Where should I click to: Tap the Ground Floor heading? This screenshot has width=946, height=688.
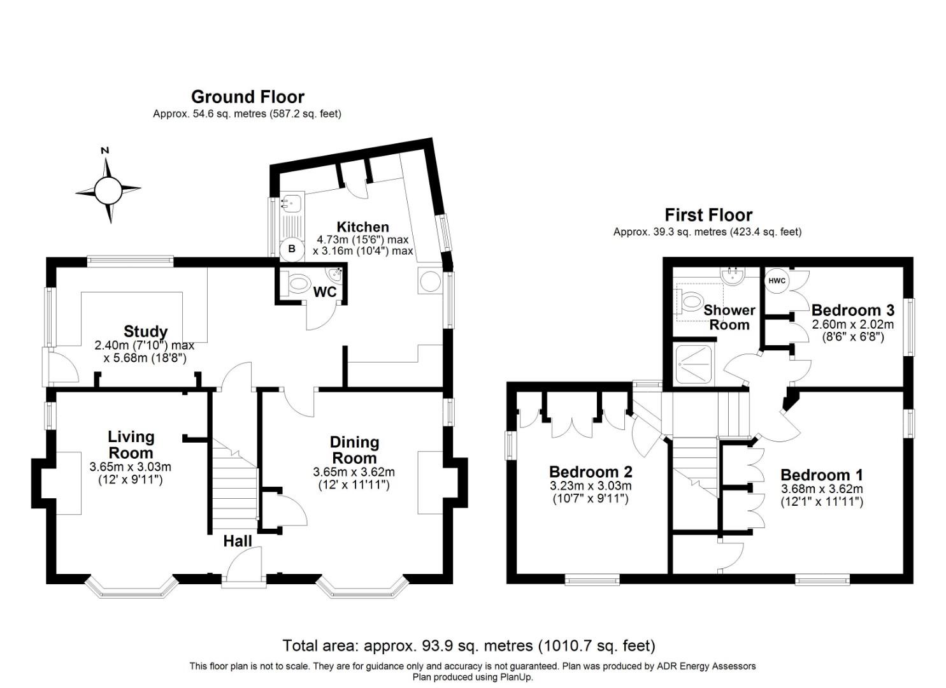tap(248, 97)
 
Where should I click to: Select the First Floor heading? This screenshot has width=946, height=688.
tap(708, 215)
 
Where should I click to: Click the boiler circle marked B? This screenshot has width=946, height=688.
tap(292, 248)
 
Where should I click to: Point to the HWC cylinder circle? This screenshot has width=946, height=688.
tap(777, 280)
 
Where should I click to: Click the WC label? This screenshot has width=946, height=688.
tap(325, 292)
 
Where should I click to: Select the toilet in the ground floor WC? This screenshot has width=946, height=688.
tap(296, 283)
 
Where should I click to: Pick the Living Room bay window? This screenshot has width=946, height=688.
tap(131, 588)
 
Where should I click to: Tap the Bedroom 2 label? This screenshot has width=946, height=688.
tap(591, 471)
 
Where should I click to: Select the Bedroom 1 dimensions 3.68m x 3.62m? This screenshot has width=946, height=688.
tap(822, 489)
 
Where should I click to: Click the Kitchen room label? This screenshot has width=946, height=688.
tap(362, 227)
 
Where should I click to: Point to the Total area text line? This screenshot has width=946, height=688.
tap(469, 645)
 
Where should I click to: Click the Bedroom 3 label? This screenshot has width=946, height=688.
tap(852, 310)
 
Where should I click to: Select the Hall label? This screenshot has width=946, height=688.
tap(237, 541)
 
